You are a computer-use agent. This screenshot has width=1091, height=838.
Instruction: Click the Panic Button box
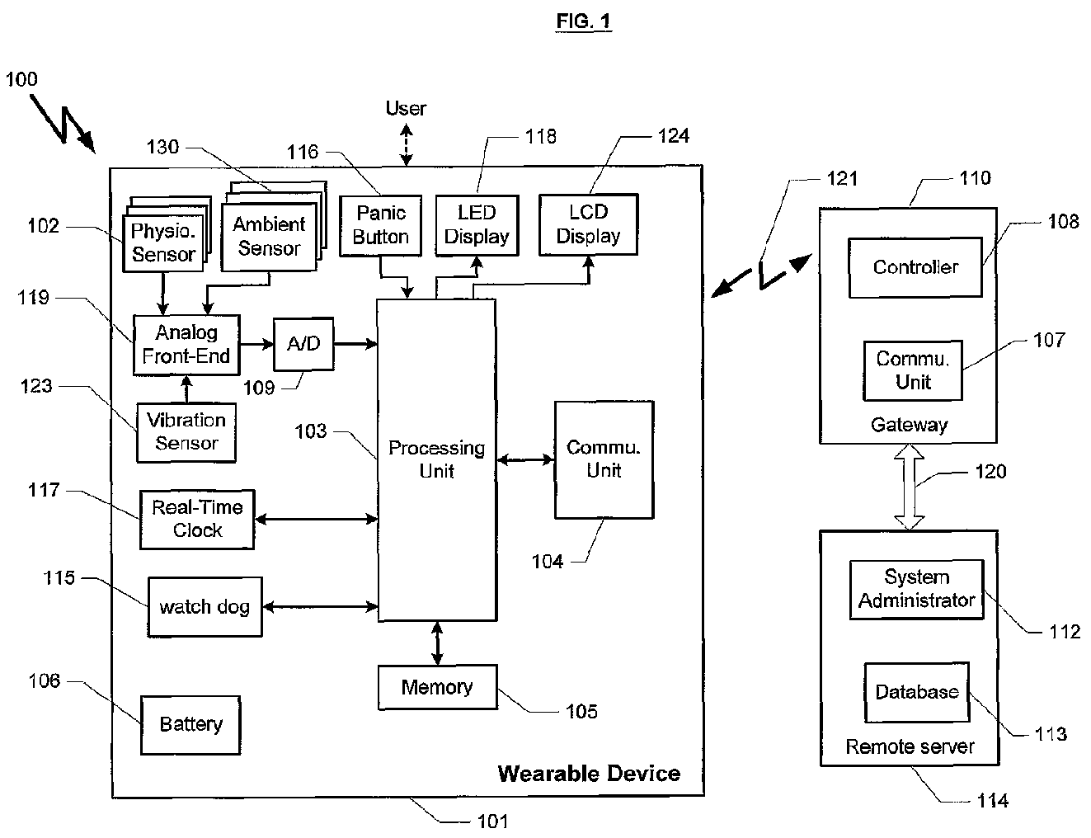pyautogui.click(x=380, y=225)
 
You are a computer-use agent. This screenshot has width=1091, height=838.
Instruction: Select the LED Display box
pyautogui.click(x=477, y=225)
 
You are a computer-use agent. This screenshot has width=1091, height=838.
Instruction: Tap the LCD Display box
pyautogui.click(x=589, y=224)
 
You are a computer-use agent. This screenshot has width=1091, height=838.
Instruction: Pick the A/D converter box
pyautogui.click(x=303, y=344)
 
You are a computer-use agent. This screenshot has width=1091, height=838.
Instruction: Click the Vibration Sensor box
pyautogui.click(x=186, y=432)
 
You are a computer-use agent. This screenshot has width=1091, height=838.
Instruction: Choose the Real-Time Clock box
pyautogui.click(x=197, y=519)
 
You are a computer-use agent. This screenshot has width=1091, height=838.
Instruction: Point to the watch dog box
pyautogui.click(x=205, y=606)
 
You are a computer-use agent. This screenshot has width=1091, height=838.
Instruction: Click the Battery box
pyautogui.click(x=190, y=724)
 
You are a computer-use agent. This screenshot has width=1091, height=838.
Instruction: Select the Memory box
pyautogui.click(x=437, y=687)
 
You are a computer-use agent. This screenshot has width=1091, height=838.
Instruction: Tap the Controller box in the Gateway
pyautogui.click(x=915, y=267)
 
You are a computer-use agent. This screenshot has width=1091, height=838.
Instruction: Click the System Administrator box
pyautogui.click(x=916, y=590)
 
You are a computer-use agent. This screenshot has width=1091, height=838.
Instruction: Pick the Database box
pyautogui.click(x=917, y=692)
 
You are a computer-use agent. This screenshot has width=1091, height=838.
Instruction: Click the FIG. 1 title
pyautogui.click(x=583, y=21)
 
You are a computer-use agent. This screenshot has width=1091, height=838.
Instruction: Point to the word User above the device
pyautogui.click(x=406, y=108)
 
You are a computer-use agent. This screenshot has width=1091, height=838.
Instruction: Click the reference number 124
pyautogui.click(x=673, y=136)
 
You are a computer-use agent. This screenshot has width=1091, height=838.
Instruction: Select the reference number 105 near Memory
pyautogui.click(x=581, y=712)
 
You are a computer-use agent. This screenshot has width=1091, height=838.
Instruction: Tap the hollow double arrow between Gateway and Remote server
pyautogui.click(x=909, y=487)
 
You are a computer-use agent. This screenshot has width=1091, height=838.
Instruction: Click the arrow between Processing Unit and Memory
pyautogui.click(x=437, y=643)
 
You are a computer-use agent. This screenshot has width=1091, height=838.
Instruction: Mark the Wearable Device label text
pyautogui.click(x=589, y=774)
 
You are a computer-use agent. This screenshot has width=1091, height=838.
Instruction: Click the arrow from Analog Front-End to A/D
pyautogui.click(x=256, y=345)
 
